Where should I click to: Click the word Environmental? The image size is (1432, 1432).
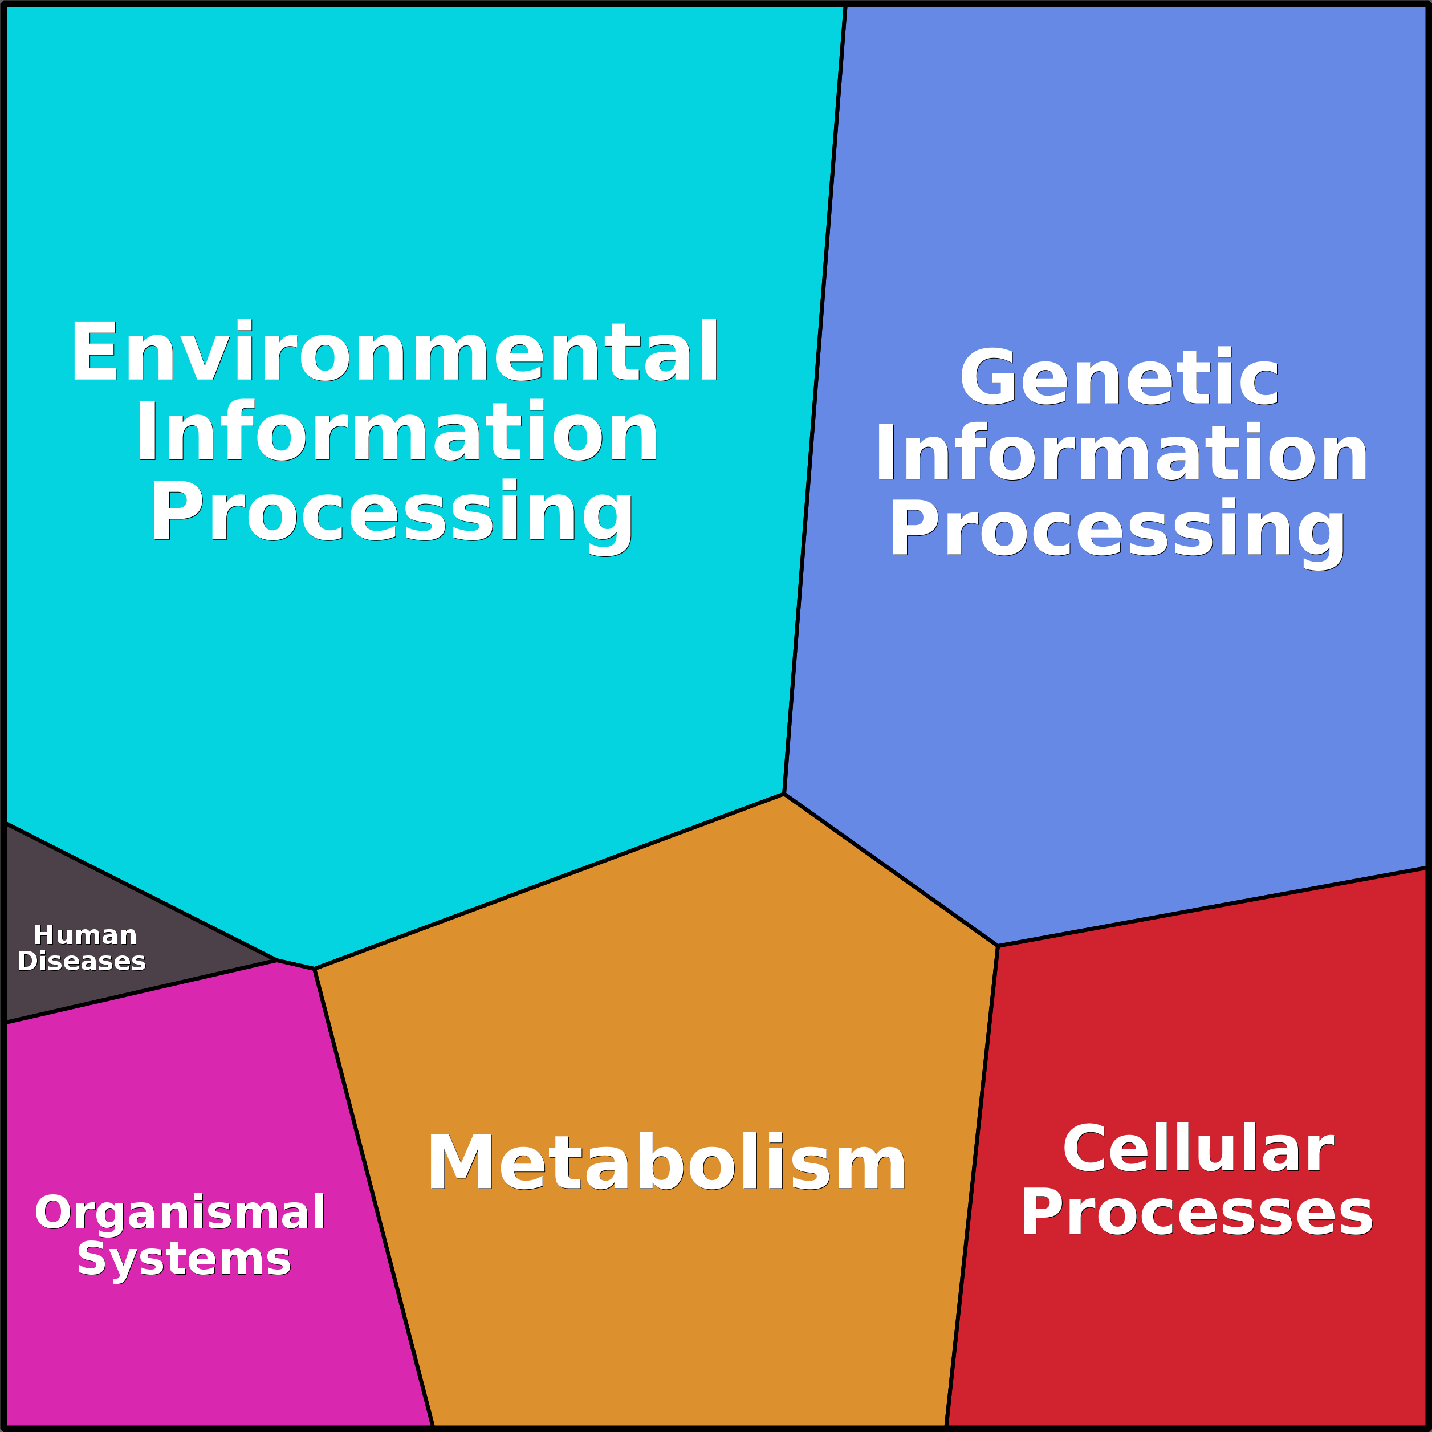(x=394, y=351)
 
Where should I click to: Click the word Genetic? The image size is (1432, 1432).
(x=1119, y=377)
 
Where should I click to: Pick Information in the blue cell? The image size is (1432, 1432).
(x=1121, y=454)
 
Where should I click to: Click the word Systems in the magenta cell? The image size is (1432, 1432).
(x=184, y=1259)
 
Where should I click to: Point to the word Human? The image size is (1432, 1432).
(x=86, y=935)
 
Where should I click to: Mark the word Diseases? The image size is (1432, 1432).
(x=82, y=961)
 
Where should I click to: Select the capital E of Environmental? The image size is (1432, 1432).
(x=94, y=351)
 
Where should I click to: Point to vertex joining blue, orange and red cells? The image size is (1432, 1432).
(x=998, y=946)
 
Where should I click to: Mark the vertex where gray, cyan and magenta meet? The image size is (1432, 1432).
(x=276, y=960)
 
